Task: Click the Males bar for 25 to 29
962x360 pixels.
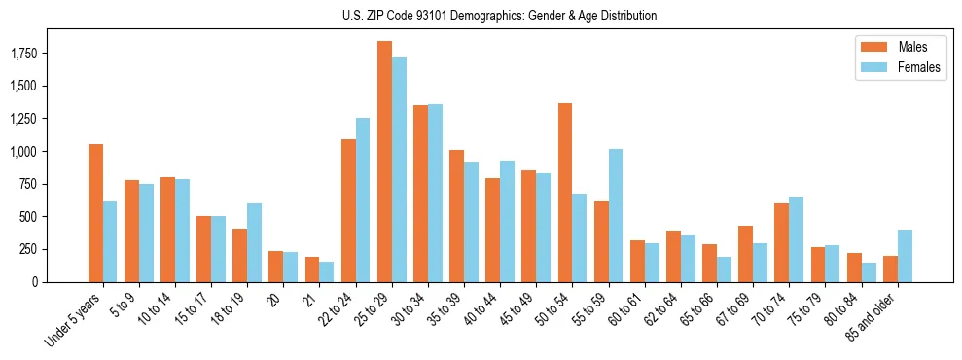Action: (384, 162)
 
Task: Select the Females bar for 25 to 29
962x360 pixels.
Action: (399, 169)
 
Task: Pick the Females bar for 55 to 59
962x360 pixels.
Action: (616, 215)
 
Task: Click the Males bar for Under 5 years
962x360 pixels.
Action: (95, 213)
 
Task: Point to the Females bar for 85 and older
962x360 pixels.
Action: (905, 256)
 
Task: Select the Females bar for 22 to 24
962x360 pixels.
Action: (363, 199)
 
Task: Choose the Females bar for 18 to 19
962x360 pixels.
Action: (254, 242)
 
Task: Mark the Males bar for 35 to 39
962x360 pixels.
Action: (456, 216)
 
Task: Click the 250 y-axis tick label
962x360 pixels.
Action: (27, 249)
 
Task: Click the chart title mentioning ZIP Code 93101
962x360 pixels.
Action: (499, 16)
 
